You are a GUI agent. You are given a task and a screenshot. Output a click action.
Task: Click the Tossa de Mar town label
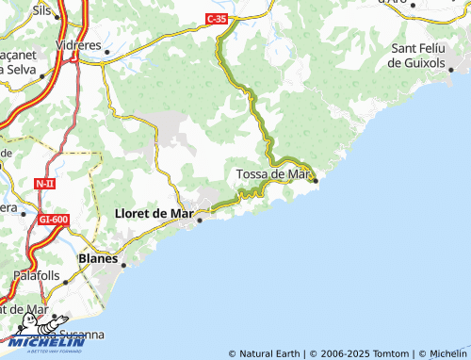tap(272, 173)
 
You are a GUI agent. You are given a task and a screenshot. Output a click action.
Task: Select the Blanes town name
tap(99, 257)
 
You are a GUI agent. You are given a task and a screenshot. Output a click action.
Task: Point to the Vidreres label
tap(78, 44)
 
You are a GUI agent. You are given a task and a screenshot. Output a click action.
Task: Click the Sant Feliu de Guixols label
tap(430, 56)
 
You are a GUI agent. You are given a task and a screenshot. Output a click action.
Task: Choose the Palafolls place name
tap(37, 276)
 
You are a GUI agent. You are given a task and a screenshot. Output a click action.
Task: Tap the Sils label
tap(42, 8)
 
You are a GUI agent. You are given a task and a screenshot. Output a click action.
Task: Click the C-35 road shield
tap(218, 18)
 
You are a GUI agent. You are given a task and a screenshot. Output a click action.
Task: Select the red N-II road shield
tap(45, 183)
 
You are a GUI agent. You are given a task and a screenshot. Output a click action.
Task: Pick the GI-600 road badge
tap(54, 220)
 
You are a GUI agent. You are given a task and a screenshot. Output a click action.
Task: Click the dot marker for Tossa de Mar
tap(316, 180)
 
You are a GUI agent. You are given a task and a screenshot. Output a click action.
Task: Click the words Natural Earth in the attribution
tap(270, 354)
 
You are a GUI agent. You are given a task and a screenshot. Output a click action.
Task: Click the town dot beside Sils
tap(58, 16)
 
